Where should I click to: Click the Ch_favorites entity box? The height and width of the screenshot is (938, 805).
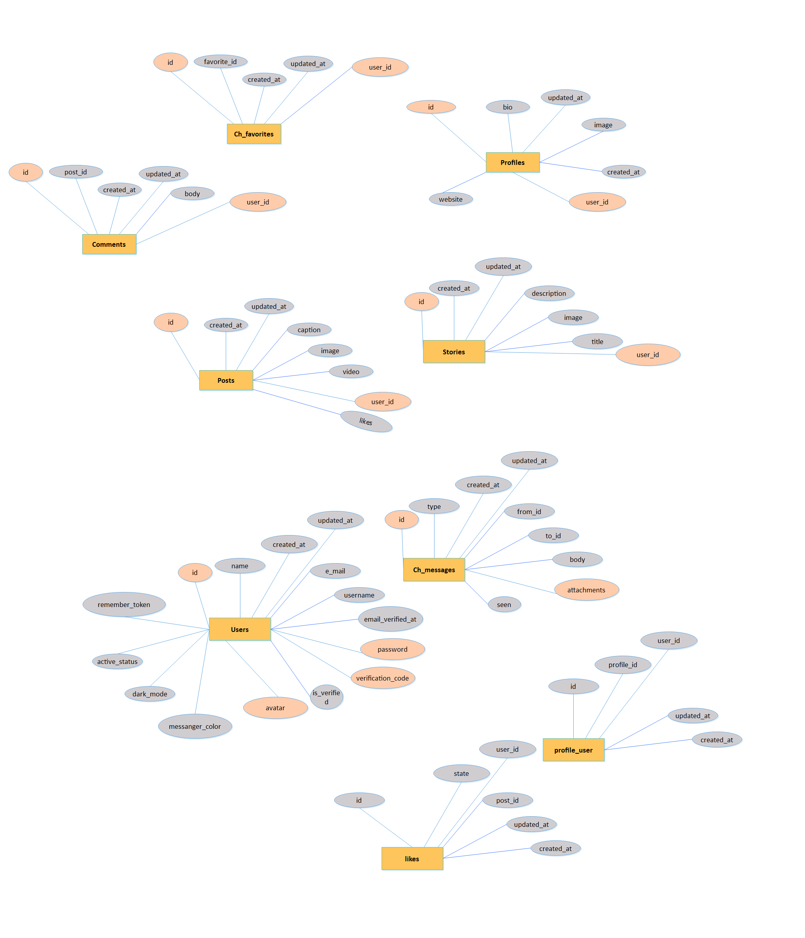tap(254, 134)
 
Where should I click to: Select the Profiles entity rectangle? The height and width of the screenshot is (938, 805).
tap(512, 163)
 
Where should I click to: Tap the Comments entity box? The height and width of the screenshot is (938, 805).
tap(109, 244)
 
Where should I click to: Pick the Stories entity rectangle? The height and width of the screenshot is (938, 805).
tap(454, 352)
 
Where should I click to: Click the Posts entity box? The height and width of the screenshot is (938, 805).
tap(226, 380)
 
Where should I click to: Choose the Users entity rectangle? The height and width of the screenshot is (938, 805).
tap(240, 629)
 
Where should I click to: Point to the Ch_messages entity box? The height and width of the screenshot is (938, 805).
tap(434, 569)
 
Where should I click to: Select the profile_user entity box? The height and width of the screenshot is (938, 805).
tap(573, 750)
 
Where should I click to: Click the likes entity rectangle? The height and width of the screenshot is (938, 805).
tap(412, 859)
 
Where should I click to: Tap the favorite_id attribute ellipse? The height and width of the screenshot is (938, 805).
tap(221, 62)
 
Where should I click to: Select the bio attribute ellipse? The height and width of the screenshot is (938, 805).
tap(508, 107)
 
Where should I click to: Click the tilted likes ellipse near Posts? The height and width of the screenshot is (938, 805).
tap(366, 422)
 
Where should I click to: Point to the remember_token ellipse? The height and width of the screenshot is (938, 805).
tap(124, 604)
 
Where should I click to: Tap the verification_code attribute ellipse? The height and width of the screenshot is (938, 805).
tap(383, 678)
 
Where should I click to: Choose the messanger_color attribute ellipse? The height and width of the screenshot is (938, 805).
tap(195, 726)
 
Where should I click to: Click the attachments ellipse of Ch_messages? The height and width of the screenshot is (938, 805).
tap(586, 590)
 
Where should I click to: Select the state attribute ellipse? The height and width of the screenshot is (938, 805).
tap(461, 773)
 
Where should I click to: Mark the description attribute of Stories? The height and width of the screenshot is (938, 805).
tap(549, 293)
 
